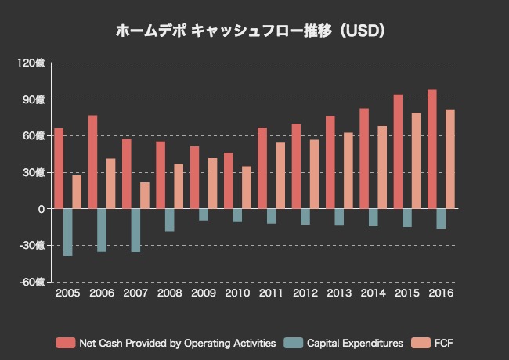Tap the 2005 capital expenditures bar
[68, 232]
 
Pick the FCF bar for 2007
[145, 196]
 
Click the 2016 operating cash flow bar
[432, 149]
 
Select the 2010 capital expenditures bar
[237, 215]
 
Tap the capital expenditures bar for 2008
[170, 220]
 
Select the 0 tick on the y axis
[40, 209]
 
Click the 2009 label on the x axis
[204, 293]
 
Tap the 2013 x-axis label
[339, 293]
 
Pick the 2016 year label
[441, 293]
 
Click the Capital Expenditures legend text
[355, 343]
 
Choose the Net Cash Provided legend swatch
[65, 343]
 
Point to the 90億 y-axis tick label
[34, 99]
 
